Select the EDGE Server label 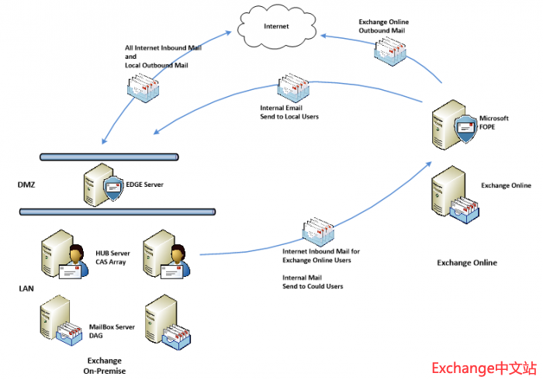(x=147, y=185)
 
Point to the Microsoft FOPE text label (x=493, y=123)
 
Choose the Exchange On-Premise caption (x=104, y=366)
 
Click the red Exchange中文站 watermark (x=483, y=367)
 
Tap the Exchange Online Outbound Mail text (x=383, y=26)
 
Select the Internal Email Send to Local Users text (x=289, y=112)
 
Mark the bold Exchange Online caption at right (x=467, y=263)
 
